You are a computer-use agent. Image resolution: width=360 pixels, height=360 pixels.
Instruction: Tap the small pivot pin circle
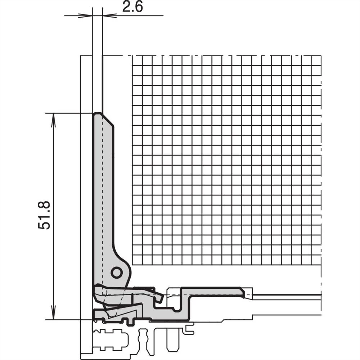pyautogui.click(x=116, y=273)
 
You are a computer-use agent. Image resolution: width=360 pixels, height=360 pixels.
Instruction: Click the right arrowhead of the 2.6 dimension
pyautogui.click(x=108, y=15)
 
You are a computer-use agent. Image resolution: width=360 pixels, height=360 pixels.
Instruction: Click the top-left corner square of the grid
pyautogui.click(x=137, y=61)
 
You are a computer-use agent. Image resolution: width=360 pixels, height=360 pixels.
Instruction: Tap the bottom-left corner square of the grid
pyautogui.click(x=137, y=259)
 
